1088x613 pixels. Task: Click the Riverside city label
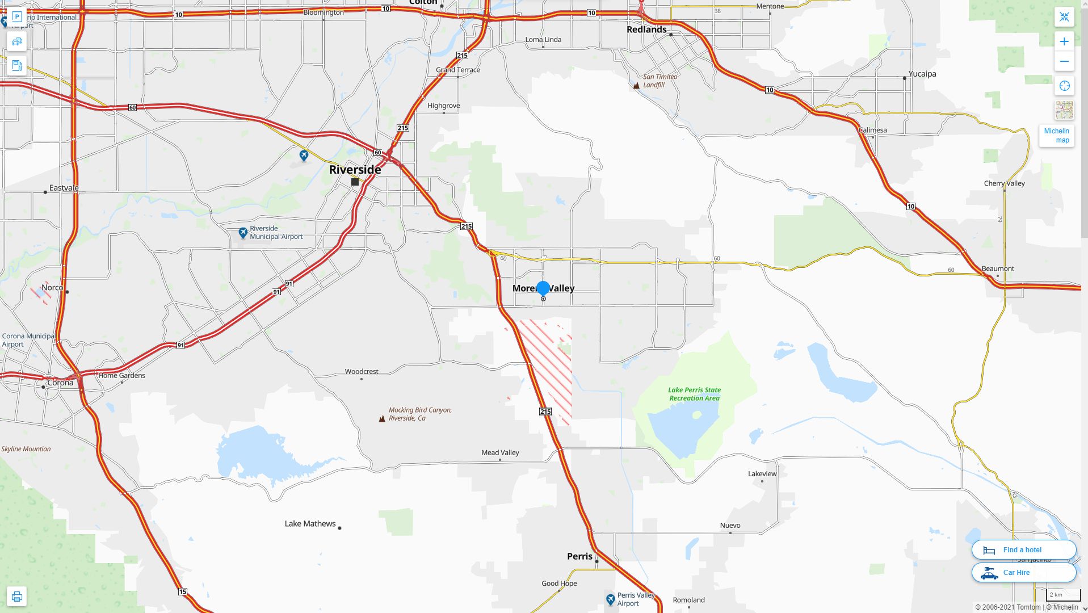pyautogui.click(x=355, y=169)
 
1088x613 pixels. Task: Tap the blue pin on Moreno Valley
pyautogui.click(x=543, y=288)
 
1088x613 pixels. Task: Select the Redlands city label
pyautogui.click(x=646, y=30)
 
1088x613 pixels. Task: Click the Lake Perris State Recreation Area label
pyautogui.click(x=694, y=394)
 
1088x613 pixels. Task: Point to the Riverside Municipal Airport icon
pyautogui.click(x=243, y=233)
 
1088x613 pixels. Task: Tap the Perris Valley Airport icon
pyautogui.click(x=610, y=599)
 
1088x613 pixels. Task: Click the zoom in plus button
pyautogui.click(x=1064, y=41)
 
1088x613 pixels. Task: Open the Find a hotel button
pyautogui.click(x=1023, y=549)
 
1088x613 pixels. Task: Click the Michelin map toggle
pyautogui.click(x=1056, y=136)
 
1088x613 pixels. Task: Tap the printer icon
pyautogui.click(x=16, y=597)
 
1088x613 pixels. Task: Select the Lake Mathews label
pyautogui.click(x=310, y=523)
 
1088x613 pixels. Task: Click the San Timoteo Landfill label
pyautogui.click(x=659, y=81)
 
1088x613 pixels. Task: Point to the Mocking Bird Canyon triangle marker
pyautogui.click(x=382, y=419)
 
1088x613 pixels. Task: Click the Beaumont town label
pyautogui.click(x=997, y=268)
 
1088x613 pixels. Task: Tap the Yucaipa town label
pyautogui.click(x=922, y=74)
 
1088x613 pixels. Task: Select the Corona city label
pyautogui.click(x=60, y=383)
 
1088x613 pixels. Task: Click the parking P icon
pyautogui.click(x=16, y=17)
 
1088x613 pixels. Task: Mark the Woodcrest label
pyautogui.click(x=362, y=372)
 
